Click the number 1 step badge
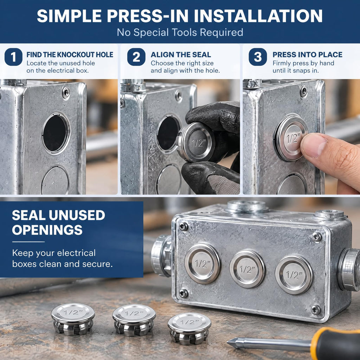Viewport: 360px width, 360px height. [x=14, y=57]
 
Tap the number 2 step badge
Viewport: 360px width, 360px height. [x=136, y=57]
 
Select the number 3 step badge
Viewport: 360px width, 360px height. [x=258, y=57]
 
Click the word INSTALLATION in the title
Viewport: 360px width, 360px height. [x=258, y=16]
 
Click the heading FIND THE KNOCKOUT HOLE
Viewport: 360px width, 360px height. [x=70, y=54]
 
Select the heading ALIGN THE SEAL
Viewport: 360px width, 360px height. [x=181, y=54]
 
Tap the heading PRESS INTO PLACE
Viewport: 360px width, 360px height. [x=307, y=54]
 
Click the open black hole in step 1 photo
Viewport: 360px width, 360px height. [x=55, y=133]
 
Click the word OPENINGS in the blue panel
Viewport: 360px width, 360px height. [x=47, y=230]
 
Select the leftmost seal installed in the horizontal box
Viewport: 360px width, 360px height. [x=202, y=263]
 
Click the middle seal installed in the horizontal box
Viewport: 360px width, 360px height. [x=247, y=269]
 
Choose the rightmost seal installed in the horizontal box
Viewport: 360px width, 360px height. [x=294, y=275]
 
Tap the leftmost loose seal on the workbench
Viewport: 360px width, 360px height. [x=73, y=319]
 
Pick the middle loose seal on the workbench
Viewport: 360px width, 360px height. [x=134, y=320]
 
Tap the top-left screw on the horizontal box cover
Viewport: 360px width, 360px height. [x=183, y=227]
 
